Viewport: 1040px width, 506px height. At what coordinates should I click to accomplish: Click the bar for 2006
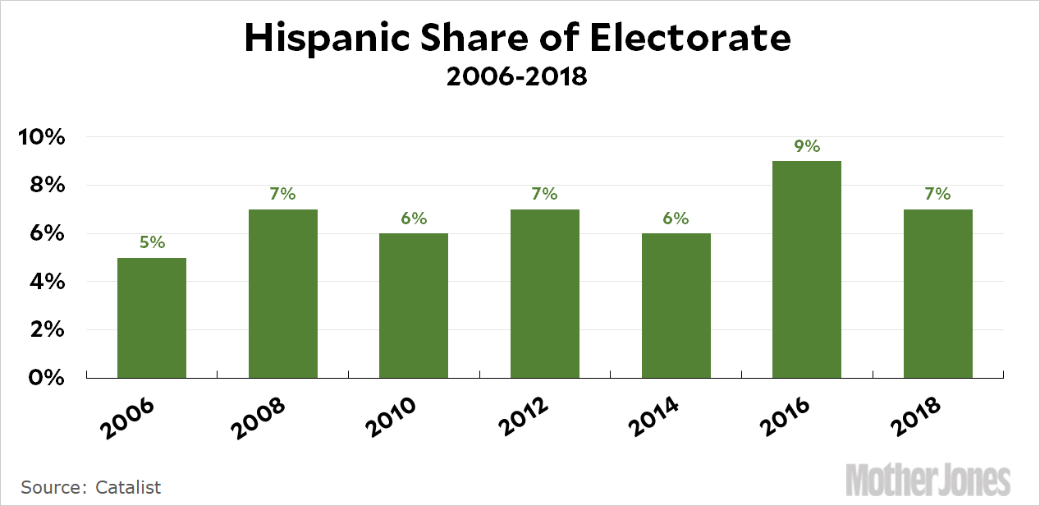[152, 318]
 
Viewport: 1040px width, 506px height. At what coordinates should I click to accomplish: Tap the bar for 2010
[414, 306]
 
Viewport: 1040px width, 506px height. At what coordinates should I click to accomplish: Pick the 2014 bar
[676, 306]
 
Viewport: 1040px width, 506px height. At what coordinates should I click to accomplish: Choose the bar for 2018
[938, 293]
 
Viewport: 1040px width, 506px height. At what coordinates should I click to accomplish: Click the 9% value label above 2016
[807, 146]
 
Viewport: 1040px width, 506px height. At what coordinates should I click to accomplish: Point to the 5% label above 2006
[152, 242]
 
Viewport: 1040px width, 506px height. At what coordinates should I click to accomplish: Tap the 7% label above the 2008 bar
[282, 195]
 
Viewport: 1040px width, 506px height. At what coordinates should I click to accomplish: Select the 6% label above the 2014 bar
[676, 218]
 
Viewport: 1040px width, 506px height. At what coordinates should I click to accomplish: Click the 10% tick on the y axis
[42, 137]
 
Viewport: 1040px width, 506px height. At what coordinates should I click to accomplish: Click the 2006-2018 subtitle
[517, 78]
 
